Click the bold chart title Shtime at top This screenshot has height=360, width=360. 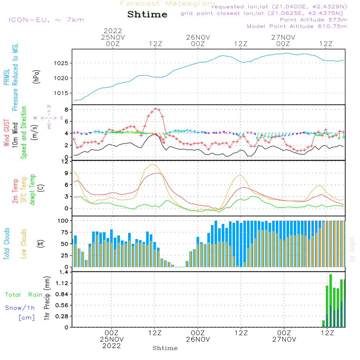tap(148, 14)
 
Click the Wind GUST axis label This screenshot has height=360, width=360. tap(7, 133)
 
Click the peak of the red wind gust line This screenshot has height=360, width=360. tap(155, 108)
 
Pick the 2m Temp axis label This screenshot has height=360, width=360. tap(15, 191)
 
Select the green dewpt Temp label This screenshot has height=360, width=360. tap(32, 190)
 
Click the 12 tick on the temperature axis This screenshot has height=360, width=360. tap(65, 161)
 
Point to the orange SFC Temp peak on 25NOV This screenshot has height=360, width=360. tap(153, 164)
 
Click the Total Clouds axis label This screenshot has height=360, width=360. tap(6, 244)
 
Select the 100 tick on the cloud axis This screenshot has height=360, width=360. tap(64, 220)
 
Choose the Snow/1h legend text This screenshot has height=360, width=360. tap(20, 308)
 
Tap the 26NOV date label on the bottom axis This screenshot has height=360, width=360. tap(198, 339)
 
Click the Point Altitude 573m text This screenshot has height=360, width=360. tap(313, 19)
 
